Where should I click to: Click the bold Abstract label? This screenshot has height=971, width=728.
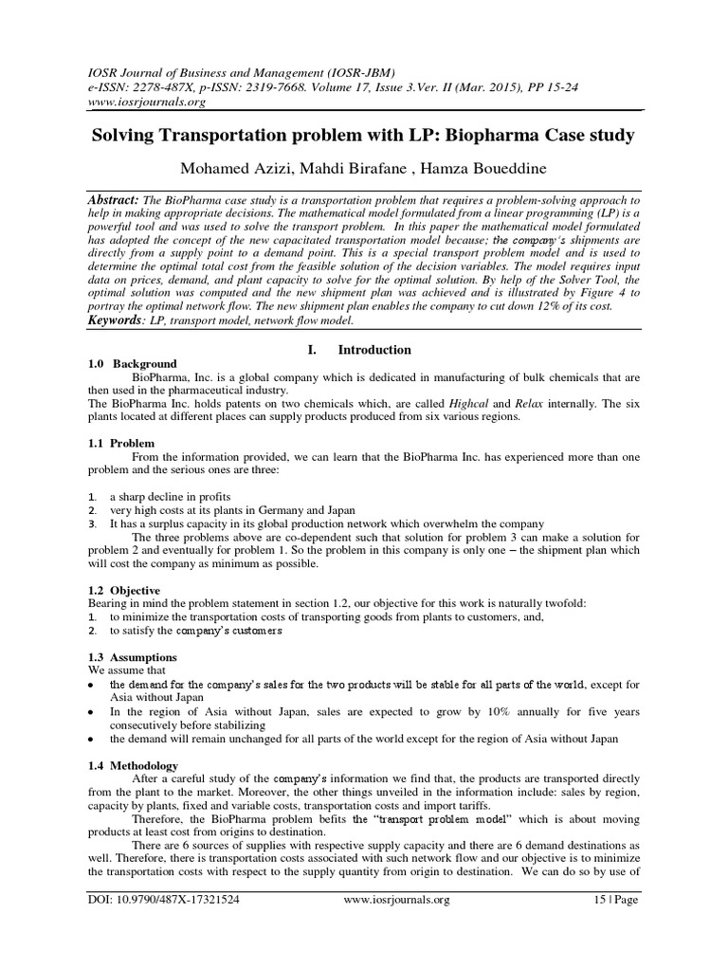pyautogui.click(x=112, y=201)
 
